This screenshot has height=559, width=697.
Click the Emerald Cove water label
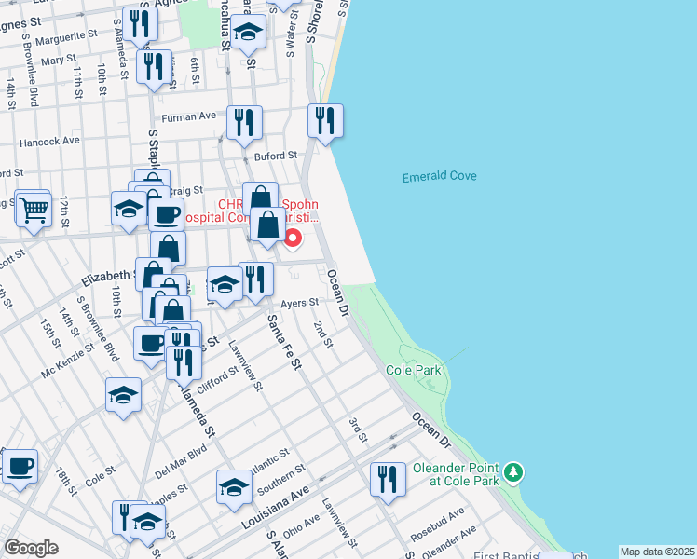(439, 177)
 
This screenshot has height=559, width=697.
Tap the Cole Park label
(414, 371)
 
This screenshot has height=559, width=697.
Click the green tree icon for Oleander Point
(512, 473)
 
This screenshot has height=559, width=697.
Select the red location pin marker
(293, 239)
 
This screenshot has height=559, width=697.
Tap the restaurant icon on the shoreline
(325, 121)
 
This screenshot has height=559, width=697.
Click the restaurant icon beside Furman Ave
(244, 123)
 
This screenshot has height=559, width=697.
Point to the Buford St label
(278, 156)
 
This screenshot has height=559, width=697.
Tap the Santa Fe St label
(284, 343)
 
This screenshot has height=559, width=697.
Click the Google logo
(31, 548)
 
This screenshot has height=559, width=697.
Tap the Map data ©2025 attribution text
(657, 552)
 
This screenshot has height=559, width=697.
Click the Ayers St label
(300, 303)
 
